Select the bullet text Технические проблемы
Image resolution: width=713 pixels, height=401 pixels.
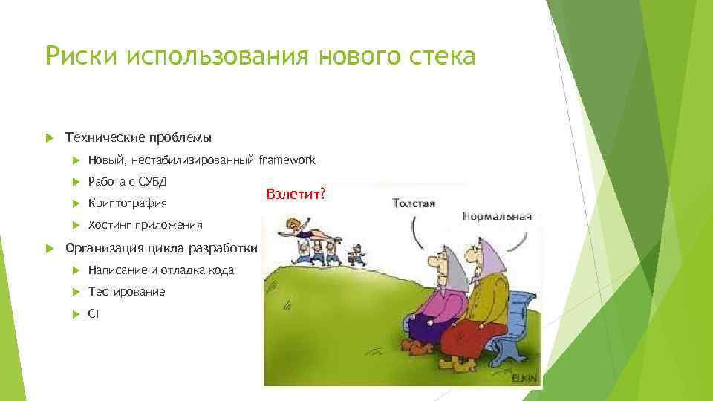coord(139,137)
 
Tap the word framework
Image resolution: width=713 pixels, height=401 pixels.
coord(287,160)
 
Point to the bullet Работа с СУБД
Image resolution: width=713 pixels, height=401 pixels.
coord(127,181)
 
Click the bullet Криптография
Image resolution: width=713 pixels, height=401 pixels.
coord(127,203)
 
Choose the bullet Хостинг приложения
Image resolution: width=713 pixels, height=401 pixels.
coord(145,225)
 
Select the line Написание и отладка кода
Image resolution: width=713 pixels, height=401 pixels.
coord(160,270)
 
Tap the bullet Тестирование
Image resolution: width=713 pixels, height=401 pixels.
coord(126,292)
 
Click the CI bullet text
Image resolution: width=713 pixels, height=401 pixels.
coord(93,314)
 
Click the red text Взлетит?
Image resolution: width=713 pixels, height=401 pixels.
coord(295,193)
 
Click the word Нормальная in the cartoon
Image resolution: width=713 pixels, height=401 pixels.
coord(497,217)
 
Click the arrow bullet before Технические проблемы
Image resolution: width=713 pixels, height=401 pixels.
coord(51,137)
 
